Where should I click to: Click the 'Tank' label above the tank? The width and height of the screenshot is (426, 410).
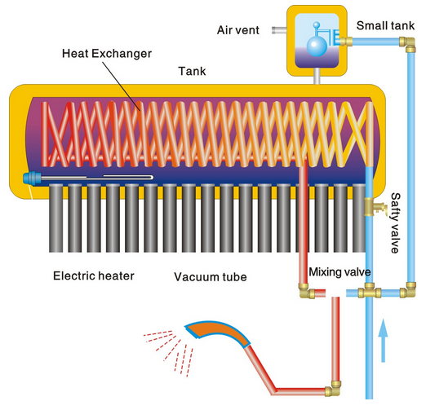coord(191,71)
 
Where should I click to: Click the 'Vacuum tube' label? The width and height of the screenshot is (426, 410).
coord(210,276)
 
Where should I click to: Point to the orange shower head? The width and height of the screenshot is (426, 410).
coord(214,329)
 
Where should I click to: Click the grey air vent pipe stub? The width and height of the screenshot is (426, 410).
coord(277,31)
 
